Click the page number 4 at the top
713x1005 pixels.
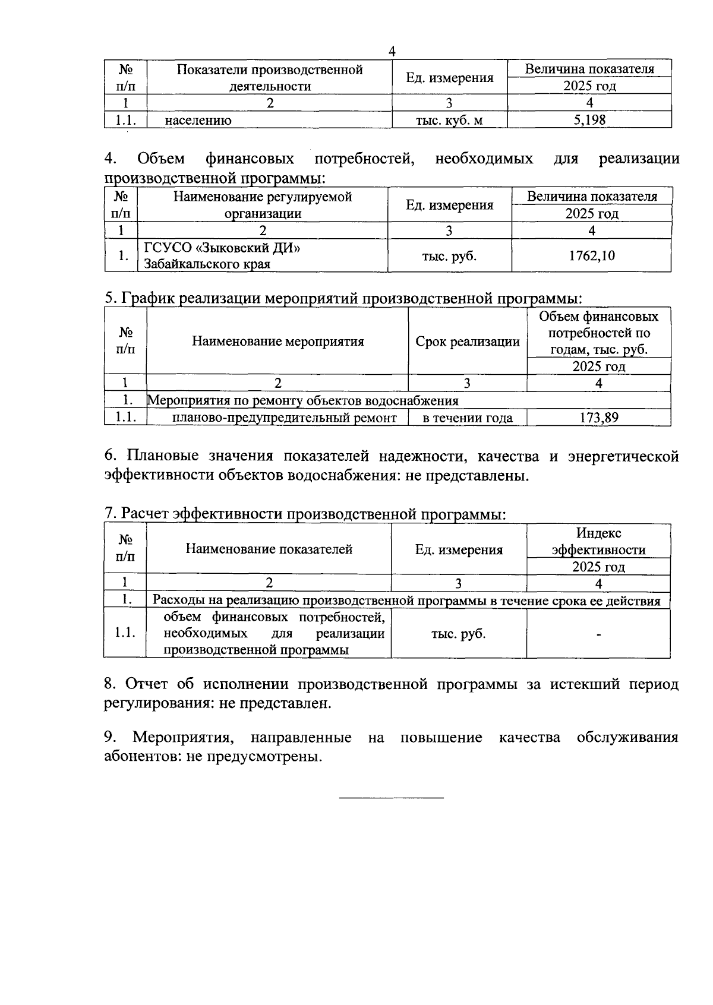pos(392,51)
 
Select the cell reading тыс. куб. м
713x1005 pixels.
pos(449,120)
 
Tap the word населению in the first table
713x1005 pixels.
pos(198,121)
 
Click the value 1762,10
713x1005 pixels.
pos(591,256)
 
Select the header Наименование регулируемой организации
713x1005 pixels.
pos(262,205)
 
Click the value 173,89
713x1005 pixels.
pos(598,418)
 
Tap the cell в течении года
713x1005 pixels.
pos(467,418)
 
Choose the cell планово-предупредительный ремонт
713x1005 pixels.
pos(284,418)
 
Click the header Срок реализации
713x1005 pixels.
pos(467,342)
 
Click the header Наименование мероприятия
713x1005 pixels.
pos(277,342)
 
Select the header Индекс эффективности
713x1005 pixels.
pos(598,541)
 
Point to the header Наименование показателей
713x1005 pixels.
pos(269,549)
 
